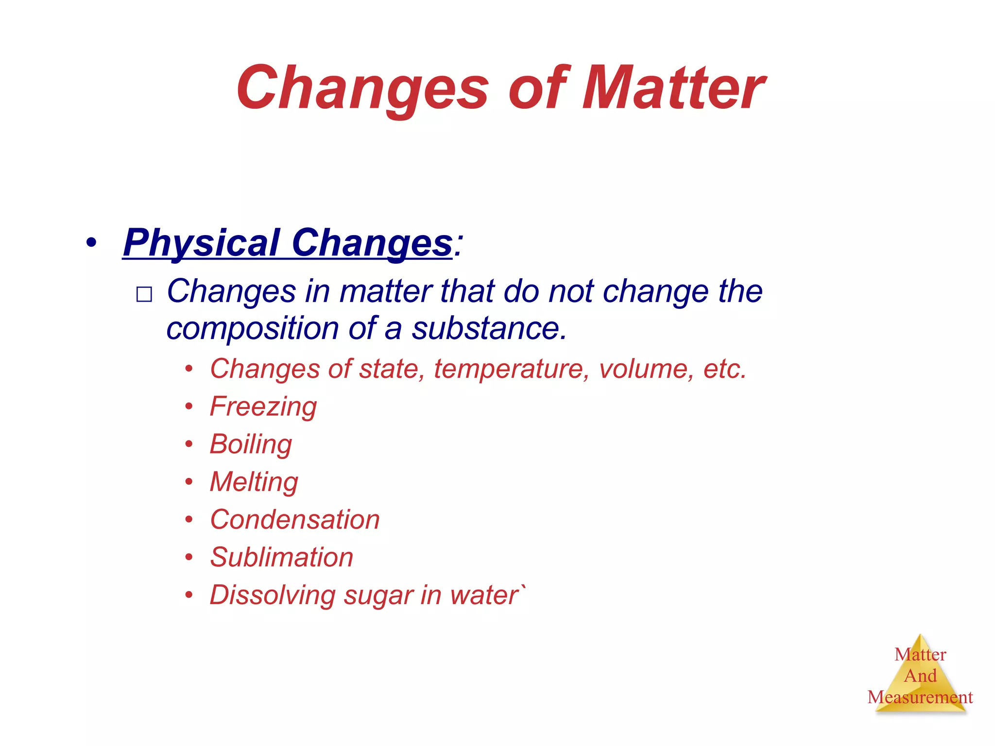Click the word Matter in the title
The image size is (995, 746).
click(x=672, y=88)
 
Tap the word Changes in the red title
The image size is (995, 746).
click(x=362, y=88)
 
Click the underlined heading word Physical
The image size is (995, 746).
click(x=202, y=243)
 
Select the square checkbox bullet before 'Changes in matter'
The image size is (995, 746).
click(x=144, y=294)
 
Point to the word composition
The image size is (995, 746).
click(x=252, y=328)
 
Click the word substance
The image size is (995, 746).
click(x=489, y=328)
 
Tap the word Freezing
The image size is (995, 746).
click(x=263, y=407)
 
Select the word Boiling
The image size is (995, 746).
click(x=251, y=444)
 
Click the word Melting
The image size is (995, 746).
click(x=254, y=482)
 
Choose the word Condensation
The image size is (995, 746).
click(x=294, y=520)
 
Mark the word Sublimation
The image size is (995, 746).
click(x=281, y=557)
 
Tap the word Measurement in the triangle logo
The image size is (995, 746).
click(x=920, y=697)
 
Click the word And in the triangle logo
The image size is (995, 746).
click(x=920, y=676)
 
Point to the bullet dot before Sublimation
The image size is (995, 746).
click(x=189, y=557)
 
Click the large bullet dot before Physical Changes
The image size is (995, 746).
click(x=91, y=242)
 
